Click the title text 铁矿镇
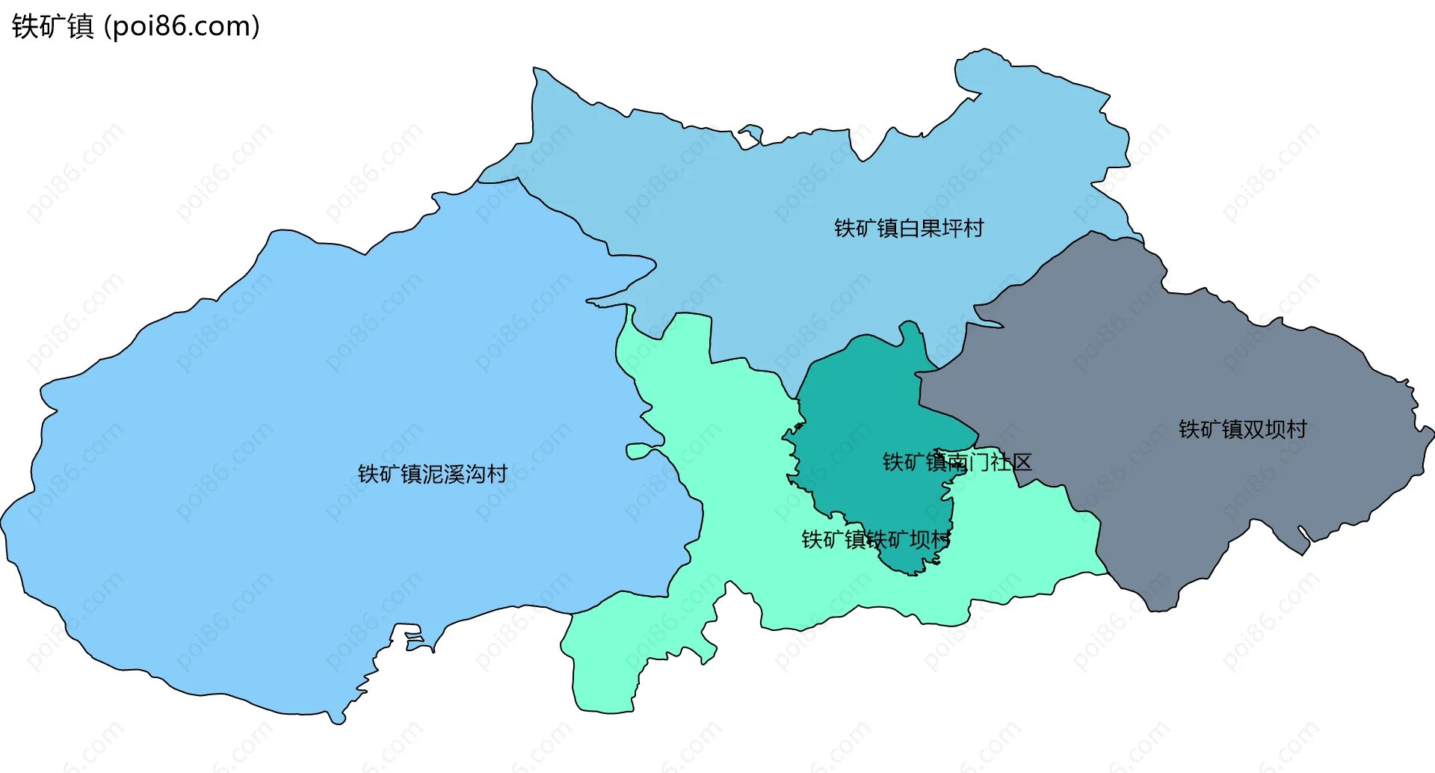[x=52, y=27]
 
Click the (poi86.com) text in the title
[x=182, y=27]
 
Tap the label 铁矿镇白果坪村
[x=908, y=228]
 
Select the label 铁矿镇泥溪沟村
[x=432, y=474]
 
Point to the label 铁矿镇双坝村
[x=1242, y=429]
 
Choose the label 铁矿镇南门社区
[x=957, y=462]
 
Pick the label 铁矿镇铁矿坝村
[x=875, y=539]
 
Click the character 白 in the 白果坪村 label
[x=909, y=228]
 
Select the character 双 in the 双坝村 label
[x=1253, y=429]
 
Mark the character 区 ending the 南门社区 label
[x=1022, y=462]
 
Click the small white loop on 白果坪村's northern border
[x=750, y=135]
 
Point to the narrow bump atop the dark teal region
[x=910, y=333]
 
